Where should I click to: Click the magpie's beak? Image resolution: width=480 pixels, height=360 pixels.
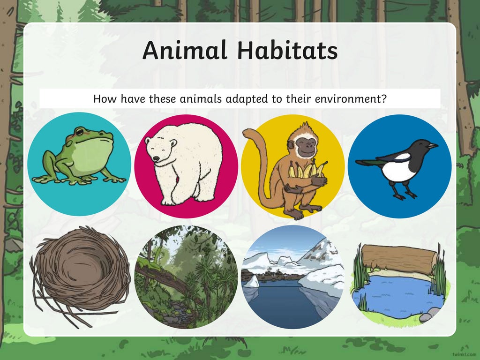coord(432,146)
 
